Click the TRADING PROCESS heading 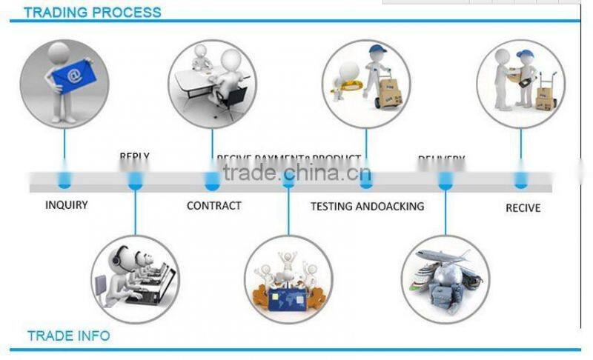pos(93,12)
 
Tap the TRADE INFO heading pos(68,336)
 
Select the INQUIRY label pos(66,204)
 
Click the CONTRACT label pos(213,205)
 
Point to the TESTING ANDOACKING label pos(367,206)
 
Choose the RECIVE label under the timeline pos(523,207)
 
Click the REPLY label pos(134,157)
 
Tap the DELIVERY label pos(441,159)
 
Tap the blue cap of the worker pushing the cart pos(377,50)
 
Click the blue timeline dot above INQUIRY pos(64,179)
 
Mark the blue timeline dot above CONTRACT pos(212,180)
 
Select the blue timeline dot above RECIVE pos(521,180)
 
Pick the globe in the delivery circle pos(448,276)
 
